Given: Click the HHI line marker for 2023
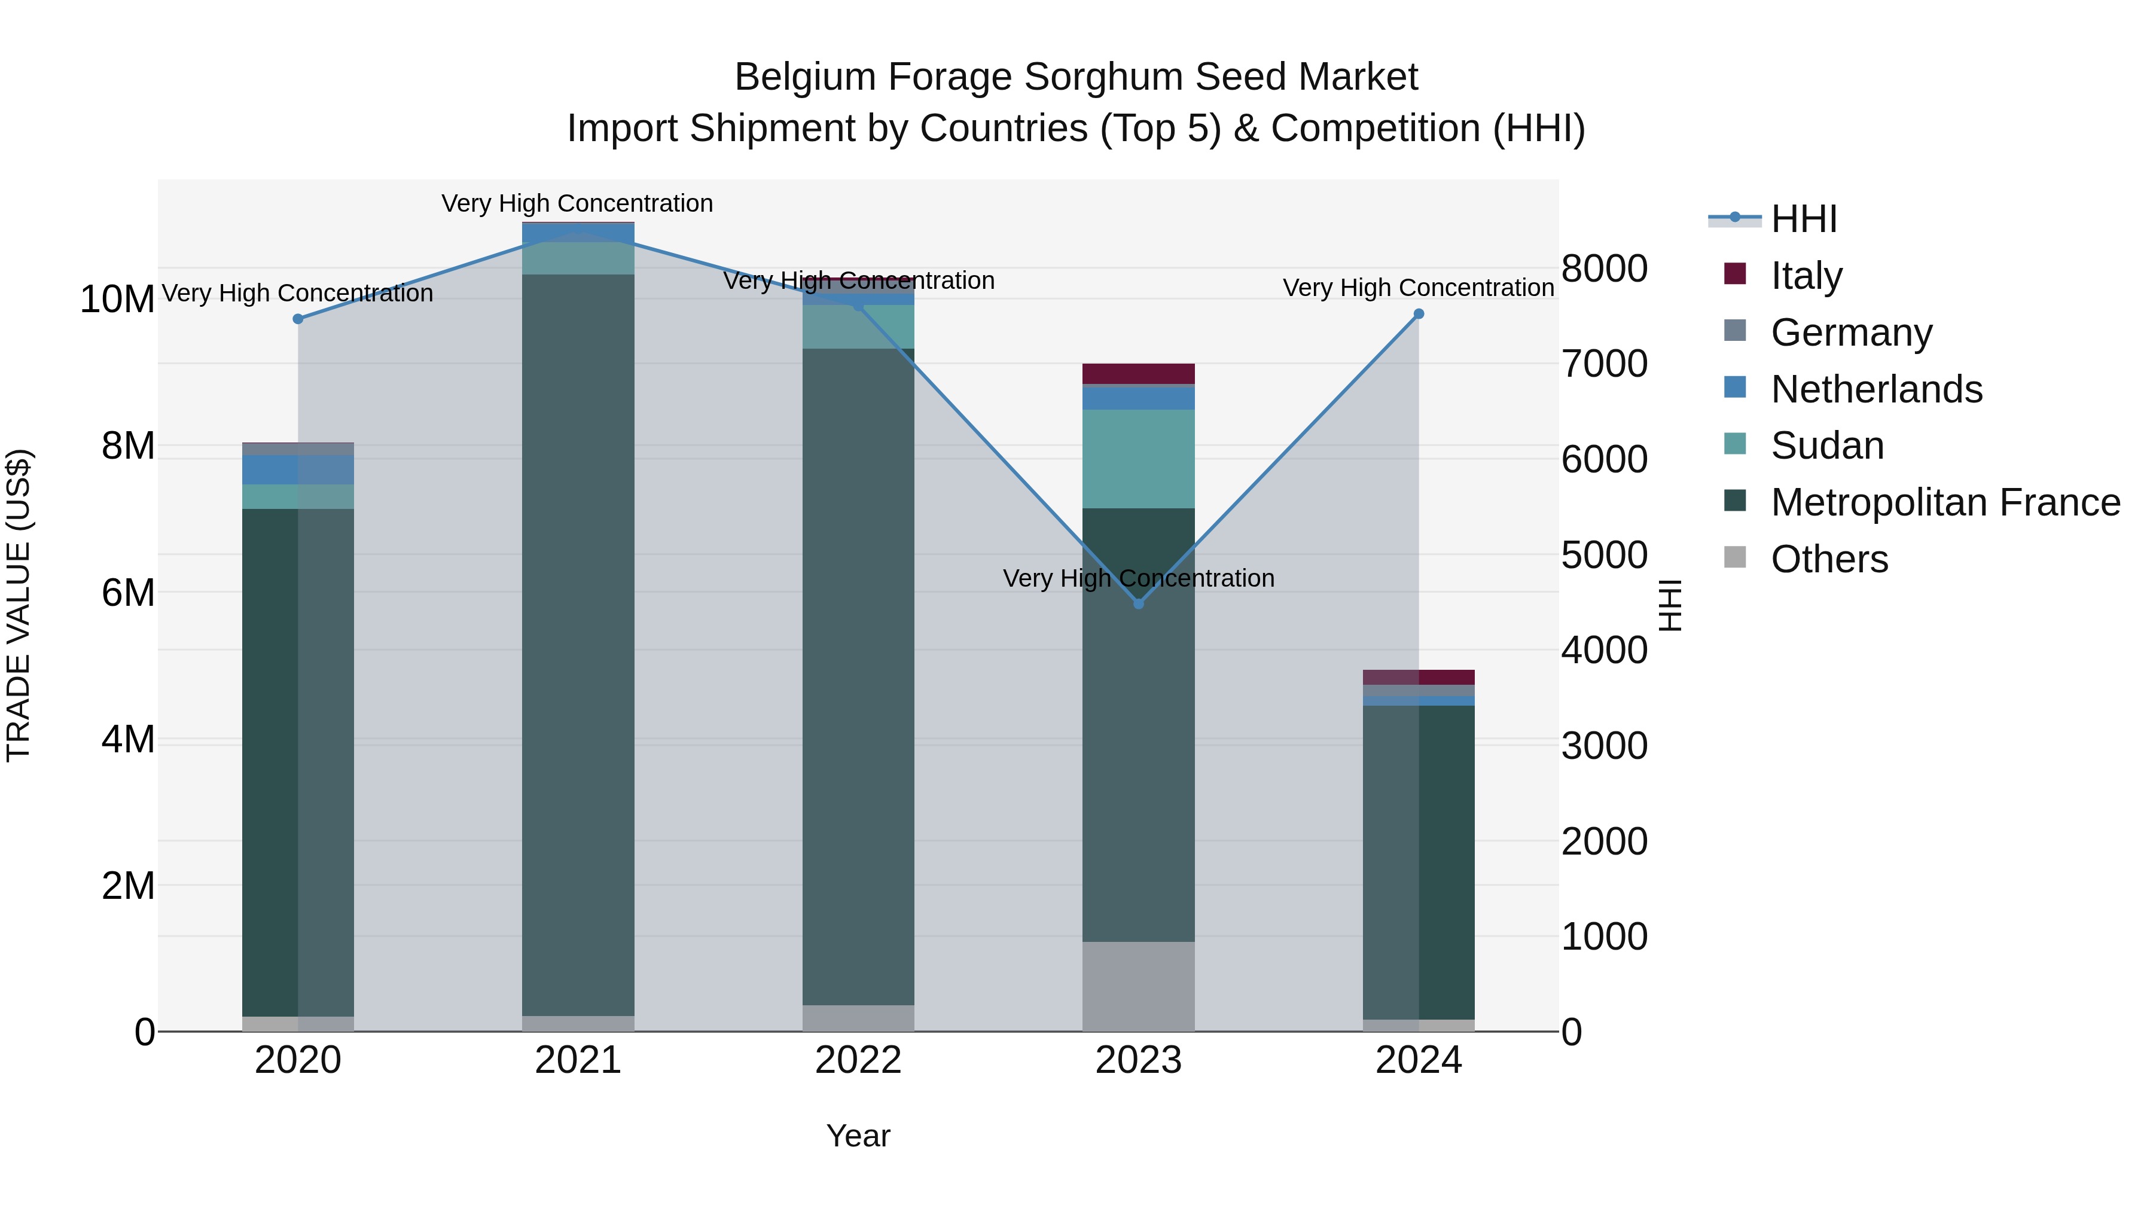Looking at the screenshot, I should click(1138, 603).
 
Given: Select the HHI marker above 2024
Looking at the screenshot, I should click(1419, 314).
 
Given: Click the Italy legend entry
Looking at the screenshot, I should click(1806, 276).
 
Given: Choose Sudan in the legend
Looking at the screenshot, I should click(1827, 446).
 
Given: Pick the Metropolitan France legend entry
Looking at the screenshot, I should click(1945, 503).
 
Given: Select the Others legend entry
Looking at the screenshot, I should click(1829, 560).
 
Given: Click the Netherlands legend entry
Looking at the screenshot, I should click(1876, 389).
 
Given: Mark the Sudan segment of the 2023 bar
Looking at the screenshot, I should click(1138, 459).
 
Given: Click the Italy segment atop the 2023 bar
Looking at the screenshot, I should click(1138, 374).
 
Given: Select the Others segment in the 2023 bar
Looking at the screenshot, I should click(1138, 986).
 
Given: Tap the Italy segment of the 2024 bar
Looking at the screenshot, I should click(1419, 677).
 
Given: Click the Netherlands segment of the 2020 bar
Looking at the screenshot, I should click(298, 469).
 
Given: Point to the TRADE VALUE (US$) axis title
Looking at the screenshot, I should click(19, 605).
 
